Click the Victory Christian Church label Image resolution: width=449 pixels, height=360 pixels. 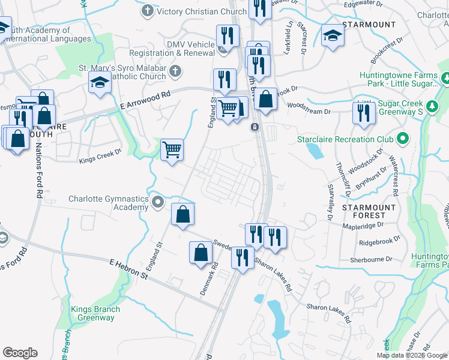[x=202, y=11]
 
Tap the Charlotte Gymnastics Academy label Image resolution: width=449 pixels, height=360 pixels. [x=108, y=203]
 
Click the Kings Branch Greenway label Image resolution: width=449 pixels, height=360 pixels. [x=95, y=314]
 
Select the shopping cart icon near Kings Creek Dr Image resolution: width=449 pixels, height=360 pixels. [x=172, y=149]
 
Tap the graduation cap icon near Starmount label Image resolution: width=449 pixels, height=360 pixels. [x=332, y=36]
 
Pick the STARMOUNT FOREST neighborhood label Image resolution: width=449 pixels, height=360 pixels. [x=369, y=211]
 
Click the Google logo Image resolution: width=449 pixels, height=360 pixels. [x=20, y=353]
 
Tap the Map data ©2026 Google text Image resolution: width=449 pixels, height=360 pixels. [x=411, y=355]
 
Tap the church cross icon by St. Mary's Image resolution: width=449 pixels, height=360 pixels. [x=175, y=72]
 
